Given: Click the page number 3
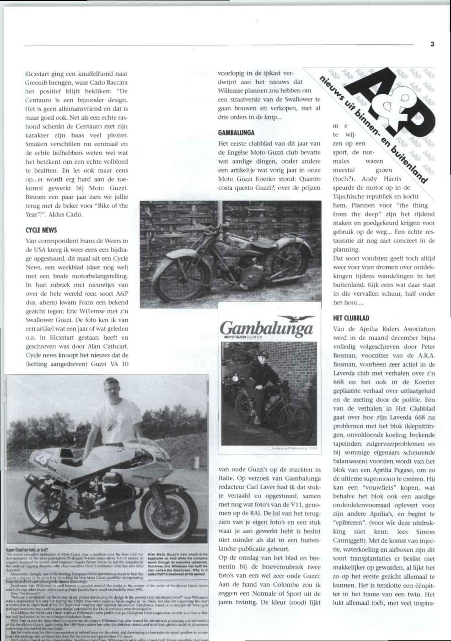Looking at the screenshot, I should (x=432, y=44).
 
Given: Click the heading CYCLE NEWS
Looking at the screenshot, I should (x=42, y=230).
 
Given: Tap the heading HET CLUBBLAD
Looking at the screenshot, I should (x=351, y=318).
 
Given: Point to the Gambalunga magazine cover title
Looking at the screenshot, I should (x=266, y=329).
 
